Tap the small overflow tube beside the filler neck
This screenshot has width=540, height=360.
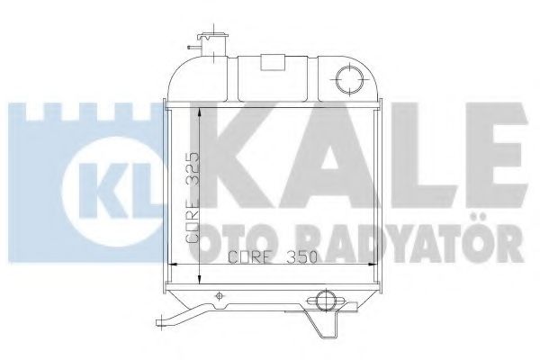191,44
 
